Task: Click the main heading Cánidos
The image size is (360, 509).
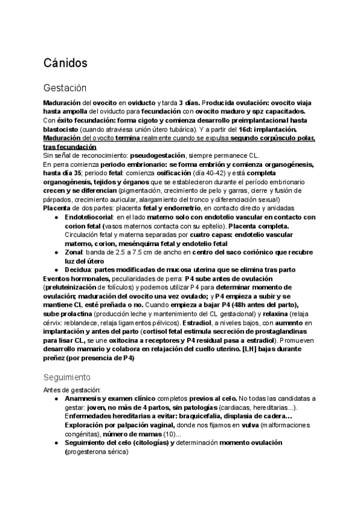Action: click(x=66, y=62)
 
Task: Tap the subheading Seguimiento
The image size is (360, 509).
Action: click(x=67, y=378)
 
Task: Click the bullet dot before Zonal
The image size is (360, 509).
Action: click(x=56, y=252)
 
